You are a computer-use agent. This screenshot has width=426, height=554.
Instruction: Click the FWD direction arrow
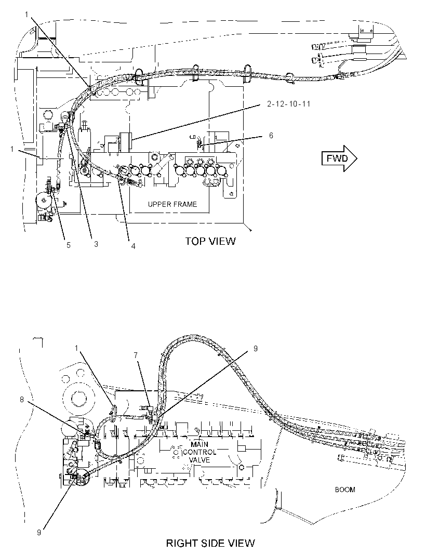[x=339, y=159]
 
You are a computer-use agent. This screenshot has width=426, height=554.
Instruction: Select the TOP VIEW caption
[x=210, y=241]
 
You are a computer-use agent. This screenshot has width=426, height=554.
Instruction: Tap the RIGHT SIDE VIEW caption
[x=210, y=543]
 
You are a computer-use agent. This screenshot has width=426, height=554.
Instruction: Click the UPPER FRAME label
[x=172, y=204]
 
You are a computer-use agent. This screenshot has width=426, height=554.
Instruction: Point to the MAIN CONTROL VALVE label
[x=199, y=452]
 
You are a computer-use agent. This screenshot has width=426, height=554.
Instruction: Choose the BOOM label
[x=345, y=490]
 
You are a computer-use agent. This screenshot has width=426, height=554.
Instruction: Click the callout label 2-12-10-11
[x=289, y=104]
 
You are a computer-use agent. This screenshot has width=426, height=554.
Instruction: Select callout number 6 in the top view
[x=271, y=136]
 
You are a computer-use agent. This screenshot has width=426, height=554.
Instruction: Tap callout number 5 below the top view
[x=69, y=245]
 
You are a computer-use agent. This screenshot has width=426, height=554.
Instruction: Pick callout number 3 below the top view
[x=96, y=244]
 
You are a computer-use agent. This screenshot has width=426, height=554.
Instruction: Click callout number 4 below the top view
[x=133, y=246]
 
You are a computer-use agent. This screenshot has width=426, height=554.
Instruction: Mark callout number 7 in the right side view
[x=136, y=355]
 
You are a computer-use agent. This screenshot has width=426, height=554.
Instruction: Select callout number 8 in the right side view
[x=22, y=399]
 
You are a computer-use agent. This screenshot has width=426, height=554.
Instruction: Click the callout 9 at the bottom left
[x=39, y=533]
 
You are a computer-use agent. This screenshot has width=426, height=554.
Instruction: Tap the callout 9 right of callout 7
[x=256, y=348]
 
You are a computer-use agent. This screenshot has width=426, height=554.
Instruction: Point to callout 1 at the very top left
[x=27, y=14]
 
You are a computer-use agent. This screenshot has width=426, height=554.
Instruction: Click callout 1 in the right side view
[x=76, y=348]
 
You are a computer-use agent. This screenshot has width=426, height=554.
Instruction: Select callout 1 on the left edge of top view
[x=12, y=149]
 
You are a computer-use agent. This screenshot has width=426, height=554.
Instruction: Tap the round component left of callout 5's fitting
[x=44, y=201]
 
